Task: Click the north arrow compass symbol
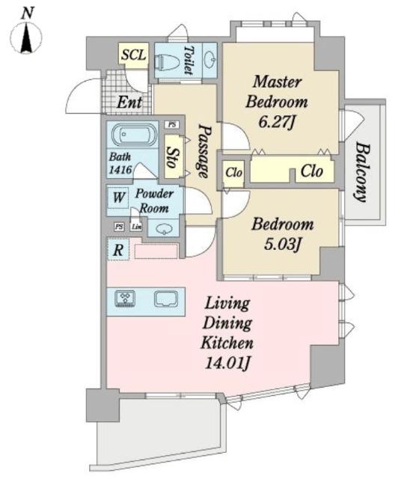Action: [26, 36]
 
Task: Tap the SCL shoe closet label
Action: [134, 55]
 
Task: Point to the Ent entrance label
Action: [129, 103]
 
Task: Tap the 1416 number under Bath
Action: [120, 169]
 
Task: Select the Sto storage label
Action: [172, 157]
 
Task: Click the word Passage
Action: [204, 151]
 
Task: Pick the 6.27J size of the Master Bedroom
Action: [276, 122]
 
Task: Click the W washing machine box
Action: [118, 198]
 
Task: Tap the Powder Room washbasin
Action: [164, 228]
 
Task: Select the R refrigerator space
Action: [118, 249]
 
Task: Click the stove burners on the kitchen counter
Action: [125, 298]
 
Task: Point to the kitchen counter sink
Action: [166, 299]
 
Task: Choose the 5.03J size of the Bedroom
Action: [283, 245]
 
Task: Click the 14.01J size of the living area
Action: [227, 363]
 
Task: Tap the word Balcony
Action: [363, 173]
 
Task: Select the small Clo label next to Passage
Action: [234, 173]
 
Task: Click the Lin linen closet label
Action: [136, 227]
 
